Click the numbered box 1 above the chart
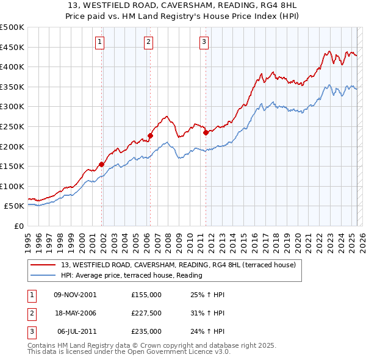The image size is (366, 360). (x=99, y=42)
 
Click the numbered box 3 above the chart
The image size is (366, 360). (x=204, y=42)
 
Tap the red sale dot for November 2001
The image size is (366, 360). (x=102, y=164)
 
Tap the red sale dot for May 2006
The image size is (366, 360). (x=150, y=135)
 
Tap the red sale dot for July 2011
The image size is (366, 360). (x=206, y=132)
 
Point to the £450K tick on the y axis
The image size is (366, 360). (x=12, y=47)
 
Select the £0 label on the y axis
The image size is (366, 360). (x=18, y=226)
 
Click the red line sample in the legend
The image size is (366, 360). (x=43, y=265)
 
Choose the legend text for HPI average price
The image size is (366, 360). (x=131, y=275)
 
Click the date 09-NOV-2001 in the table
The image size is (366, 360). (x=75, y=295)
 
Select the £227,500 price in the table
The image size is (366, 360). (x=146, y=313)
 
